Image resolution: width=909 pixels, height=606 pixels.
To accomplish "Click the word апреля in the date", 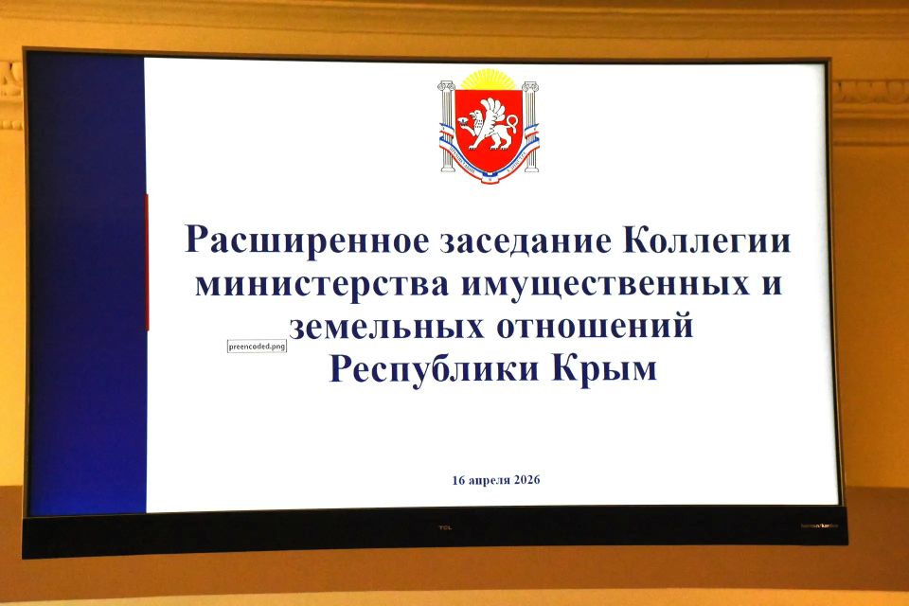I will coord(484,480).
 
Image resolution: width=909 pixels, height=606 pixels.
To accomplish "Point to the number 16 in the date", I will coord(459,480).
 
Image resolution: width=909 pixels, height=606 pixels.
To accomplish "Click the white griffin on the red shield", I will coord(489,124).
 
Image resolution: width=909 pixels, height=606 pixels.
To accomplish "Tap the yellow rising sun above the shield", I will coord(489,80).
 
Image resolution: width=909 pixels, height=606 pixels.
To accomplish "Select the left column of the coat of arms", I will coord(447,126).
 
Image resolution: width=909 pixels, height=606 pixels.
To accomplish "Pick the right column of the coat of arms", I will coord(530,126).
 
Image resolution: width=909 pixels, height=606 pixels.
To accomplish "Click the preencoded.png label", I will coord(257,347).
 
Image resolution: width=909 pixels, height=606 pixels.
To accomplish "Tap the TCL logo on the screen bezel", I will coord(445,528).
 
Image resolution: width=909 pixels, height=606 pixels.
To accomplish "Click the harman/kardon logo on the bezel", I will coord(822,526).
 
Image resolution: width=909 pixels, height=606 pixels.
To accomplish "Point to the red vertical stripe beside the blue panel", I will coord(147,261).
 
